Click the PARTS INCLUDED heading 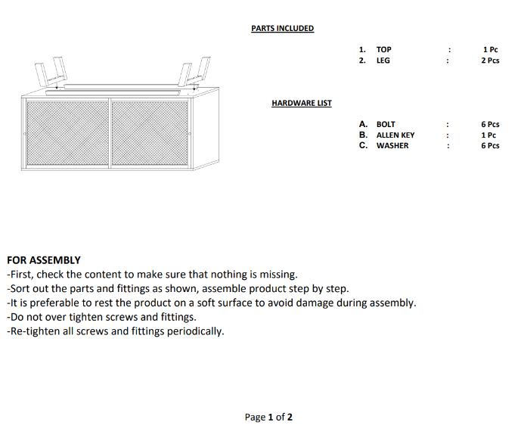click(282, 29)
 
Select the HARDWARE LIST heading click(301, 104)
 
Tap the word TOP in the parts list click(383, 50)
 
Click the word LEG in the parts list click(383, 61)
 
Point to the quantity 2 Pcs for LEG click(490, 61)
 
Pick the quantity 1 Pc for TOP click(490, 50)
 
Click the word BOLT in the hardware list click(386, 124)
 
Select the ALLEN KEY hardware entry click(395, 135)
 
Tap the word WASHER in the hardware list click(392, 146)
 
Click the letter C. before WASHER click(364, 146)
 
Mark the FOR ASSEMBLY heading click(43, 260)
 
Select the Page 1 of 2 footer click(268, 418)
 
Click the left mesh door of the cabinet click(68, 133)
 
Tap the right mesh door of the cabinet click(150, 133)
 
